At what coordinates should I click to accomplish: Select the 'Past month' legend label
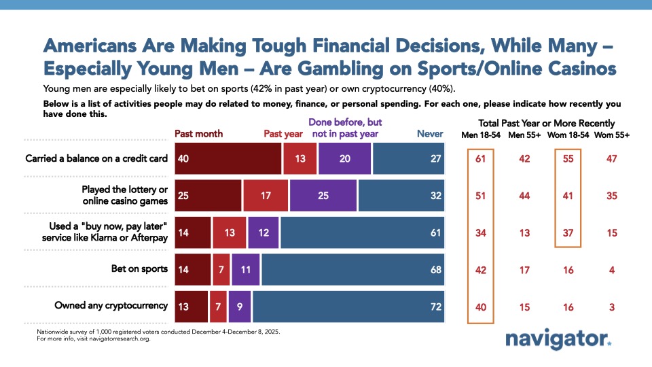(x=198, y=134)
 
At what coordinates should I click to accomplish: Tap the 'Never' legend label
(x=429, y=134)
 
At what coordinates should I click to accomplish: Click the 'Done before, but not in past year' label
(x=346, y=128)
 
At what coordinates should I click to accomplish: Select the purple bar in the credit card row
(x=345, y=158)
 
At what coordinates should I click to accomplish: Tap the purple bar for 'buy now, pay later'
(x=263, y=232)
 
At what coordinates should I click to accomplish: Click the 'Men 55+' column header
(x=525, y=135)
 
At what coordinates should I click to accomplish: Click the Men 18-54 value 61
(x=480, y=159)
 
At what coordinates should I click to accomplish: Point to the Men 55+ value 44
(x=525, y=196)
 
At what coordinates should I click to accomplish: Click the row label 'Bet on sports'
(x=139, y=268)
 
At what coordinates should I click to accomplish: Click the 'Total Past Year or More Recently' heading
(x=547, y=123)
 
